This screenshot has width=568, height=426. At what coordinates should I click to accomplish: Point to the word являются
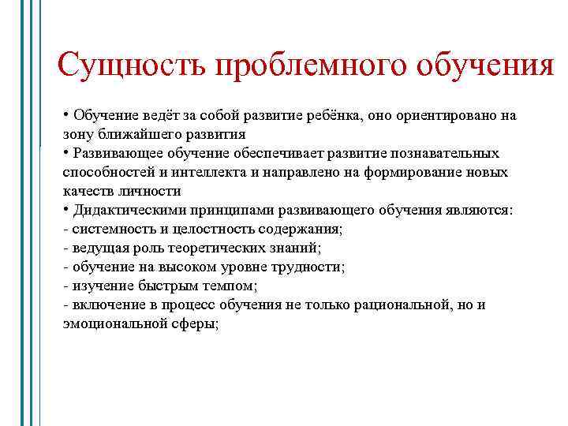[481, 210]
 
